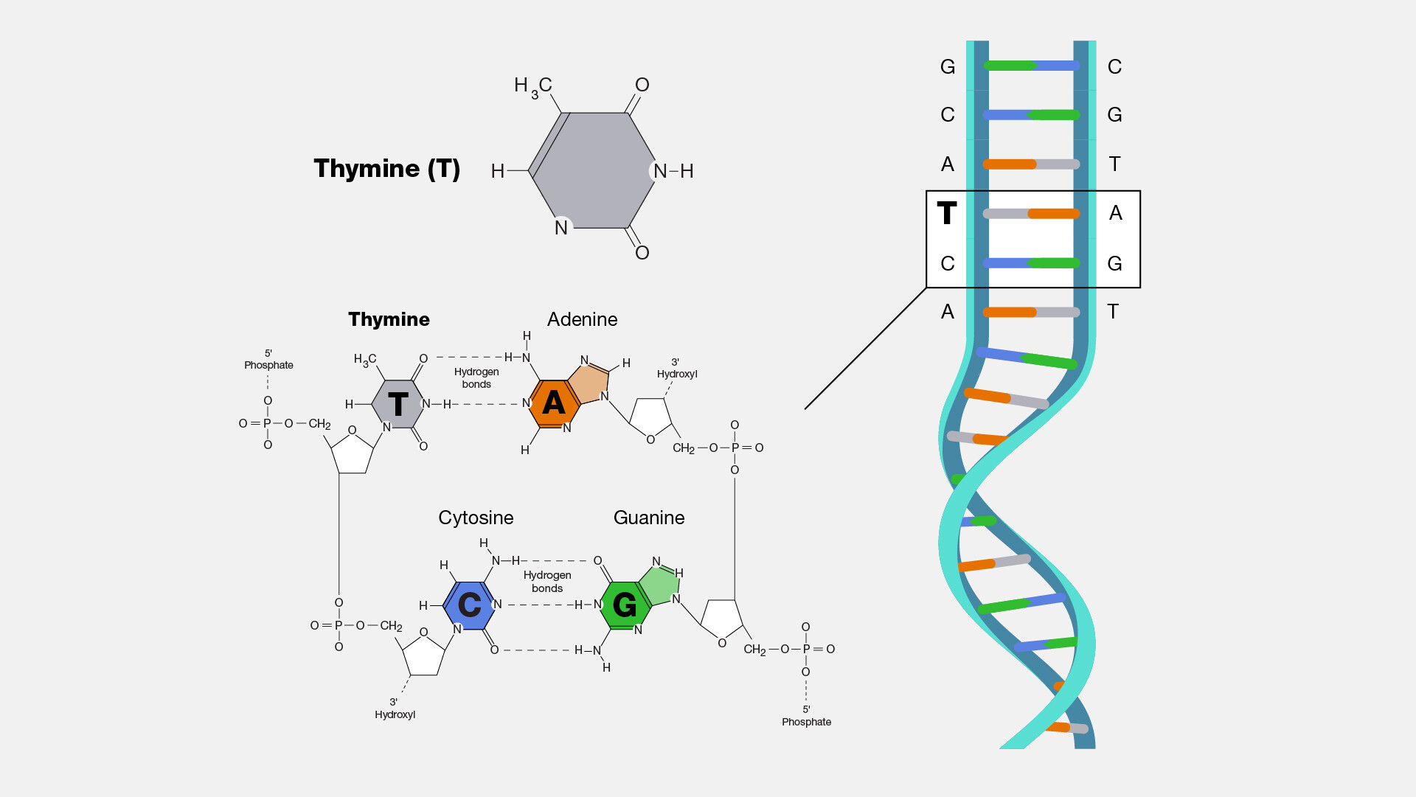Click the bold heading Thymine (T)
[386, 169]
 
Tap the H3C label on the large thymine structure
[532, 87]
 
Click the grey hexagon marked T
[398, 404]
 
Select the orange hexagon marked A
[553, 403]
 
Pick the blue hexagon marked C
[470, 605]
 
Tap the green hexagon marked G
[625, 605]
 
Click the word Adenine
[582, 319]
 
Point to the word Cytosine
[476, 518]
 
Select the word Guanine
[649, 518]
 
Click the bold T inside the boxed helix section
[947, 214]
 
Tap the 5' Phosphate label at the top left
[268, 360]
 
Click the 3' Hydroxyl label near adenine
[676, 369]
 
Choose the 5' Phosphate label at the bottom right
[806, 716]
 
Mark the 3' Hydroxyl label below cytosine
[395, 709]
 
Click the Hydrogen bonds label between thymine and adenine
[476, 377]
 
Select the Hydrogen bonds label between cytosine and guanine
[547, 581]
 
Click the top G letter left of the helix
[948, 67]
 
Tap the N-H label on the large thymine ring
[673, 171]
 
